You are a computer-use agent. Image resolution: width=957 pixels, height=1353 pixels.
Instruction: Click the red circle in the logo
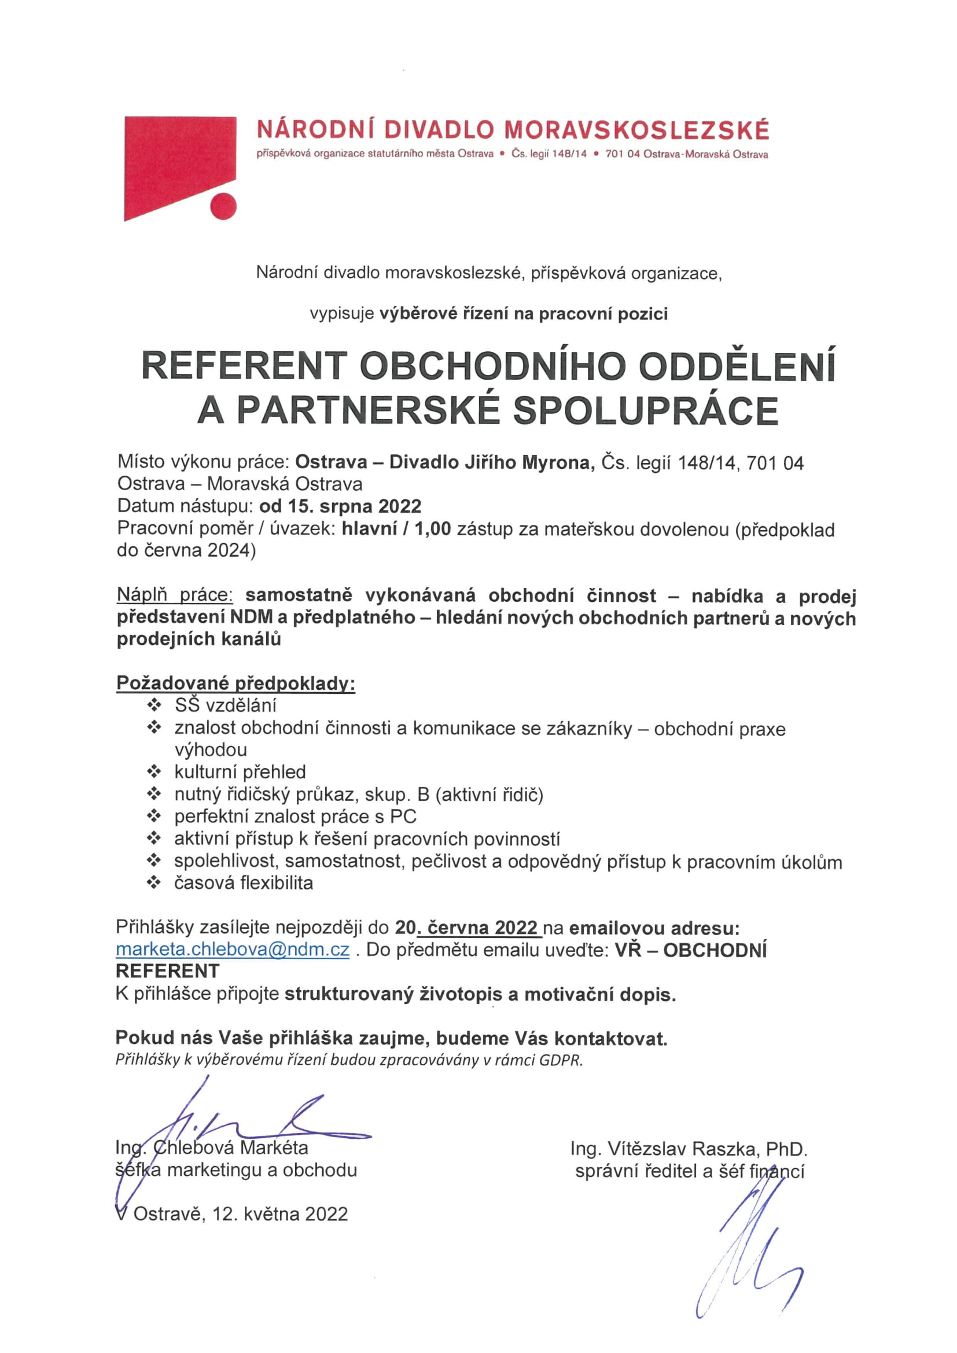223,206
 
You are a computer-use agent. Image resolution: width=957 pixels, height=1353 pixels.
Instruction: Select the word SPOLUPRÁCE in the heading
645,411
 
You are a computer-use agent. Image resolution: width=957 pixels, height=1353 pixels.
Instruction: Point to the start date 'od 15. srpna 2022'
340,506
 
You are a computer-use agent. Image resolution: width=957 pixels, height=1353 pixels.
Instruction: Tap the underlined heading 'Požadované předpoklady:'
235,683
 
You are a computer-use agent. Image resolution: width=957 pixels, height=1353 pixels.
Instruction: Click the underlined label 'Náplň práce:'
175,595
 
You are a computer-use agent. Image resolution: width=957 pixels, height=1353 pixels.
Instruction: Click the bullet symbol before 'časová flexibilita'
154,883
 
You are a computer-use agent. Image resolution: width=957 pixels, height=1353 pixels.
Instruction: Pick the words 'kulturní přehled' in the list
240,772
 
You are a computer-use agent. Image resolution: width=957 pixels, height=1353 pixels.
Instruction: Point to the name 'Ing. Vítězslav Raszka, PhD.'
689,1149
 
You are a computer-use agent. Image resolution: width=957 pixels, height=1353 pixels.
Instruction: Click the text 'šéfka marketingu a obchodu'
236,1170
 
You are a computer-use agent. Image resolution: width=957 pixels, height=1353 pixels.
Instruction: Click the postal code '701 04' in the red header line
621,155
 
